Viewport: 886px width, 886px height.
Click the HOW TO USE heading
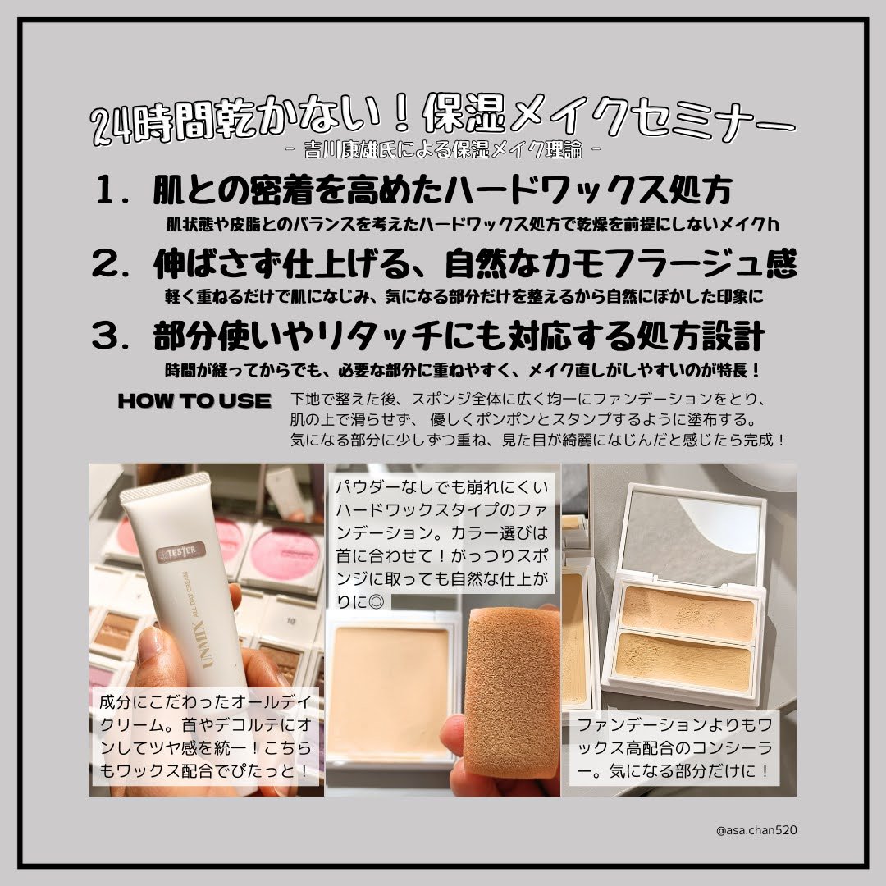(194, 400)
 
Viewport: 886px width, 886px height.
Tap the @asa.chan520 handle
(756, 830)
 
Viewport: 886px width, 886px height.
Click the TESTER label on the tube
(180, 551)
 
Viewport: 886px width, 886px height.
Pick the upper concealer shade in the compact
(687, 613)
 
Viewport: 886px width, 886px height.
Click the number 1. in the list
(113, 190)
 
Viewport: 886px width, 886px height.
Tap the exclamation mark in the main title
(402, 115)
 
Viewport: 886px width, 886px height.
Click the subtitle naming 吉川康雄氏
(444, 150)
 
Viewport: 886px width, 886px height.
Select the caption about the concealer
(674, 748)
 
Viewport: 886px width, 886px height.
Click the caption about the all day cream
(205, 736)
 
